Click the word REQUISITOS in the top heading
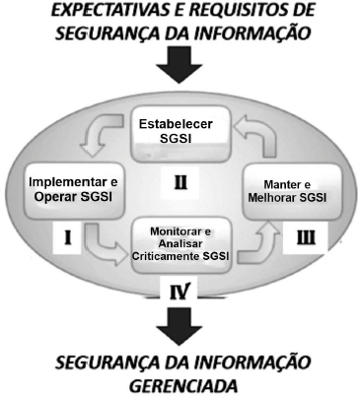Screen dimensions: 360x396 pyautogui.click(x=221, y=11)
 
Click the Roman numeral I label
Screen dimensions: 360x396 pyautogui.click(x=36, y=237)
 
